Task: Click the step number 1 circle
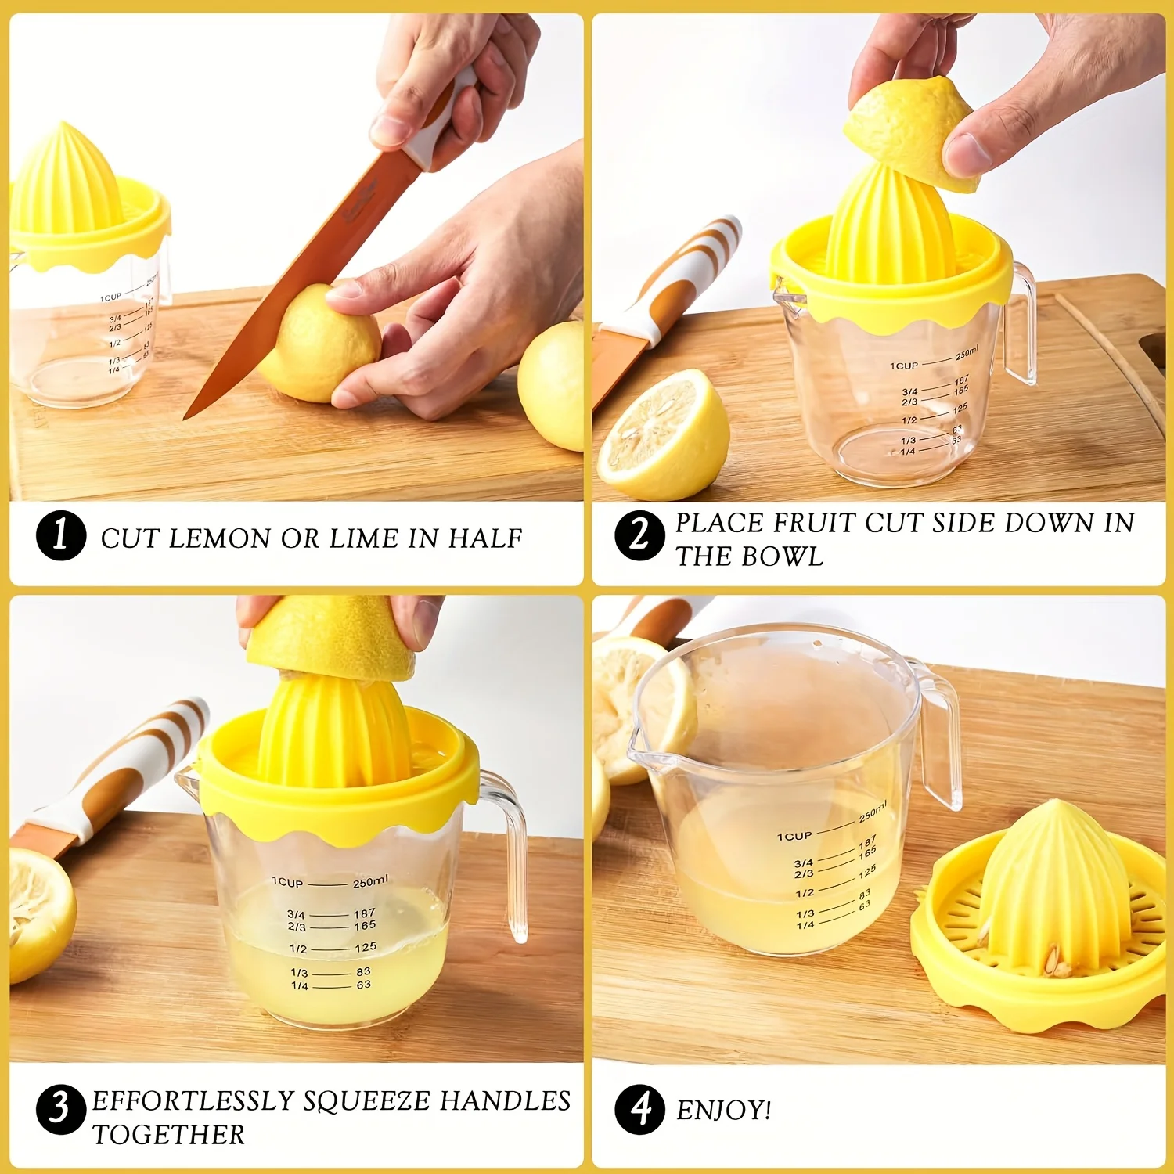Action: point(60,535)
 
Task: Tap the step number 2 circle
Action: point(639,536)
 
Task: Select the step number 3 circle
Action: point(60,1109)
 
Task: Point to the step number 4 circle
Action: point(639,1109)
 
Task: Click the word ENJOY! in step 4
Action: point(724,1110)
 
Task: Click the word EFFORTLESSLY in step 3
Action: point(192,1100)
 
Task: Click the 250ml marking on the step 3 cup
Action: point(369,882)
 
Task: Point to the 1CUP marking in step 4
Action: point(794,836)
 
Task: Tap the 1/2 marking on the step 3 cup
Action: point(298,949)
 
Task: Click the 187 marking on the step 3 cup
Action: point(364,913)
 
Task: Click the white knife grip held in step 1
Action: point(442,125)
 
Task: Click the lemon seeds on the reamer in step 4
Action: point(1057,961)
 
